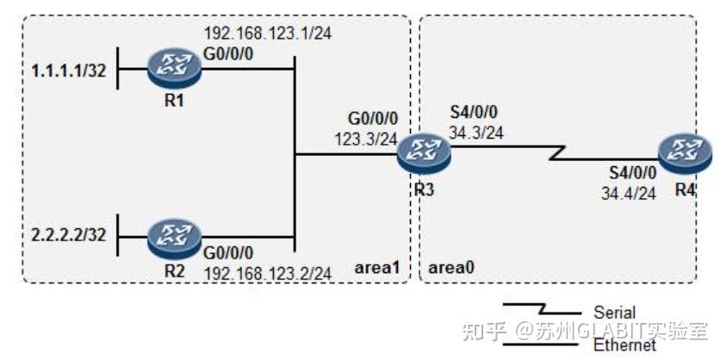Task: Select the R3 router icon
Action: (x=424, y=155)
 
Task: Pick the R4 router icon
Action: (x=687, y=155)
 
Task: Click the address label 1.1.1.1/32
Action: (x=69, y=71)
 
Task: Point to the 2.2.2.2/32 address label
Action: (x=69, y=235)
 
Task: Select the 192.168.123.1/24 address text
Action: (x=268, y=34)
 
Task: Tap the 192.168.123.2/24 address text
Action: (x=268, y=273)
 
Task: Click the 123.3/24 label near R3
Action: (x=365, y=140)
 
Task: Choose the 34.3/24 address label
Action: (x=476, y=133)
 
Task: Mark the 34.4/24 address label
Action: (x=629, y=193)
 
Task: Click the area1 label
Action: (x=377, y=268)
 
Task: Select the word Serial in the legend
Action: (x=614, y=313)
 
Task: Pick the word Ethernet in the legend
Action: (x=625, y=344)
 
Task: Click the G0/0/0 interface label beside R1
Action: (x=229, y=55)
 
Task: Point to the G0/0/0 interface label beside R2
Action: (x=229, y=253)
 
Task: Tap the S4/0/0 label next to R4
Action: (x=633, y=174)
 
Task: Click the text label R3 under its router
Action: (x=424, y=189)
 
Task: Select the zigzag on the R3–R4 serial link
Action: (x=556, y=153)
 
